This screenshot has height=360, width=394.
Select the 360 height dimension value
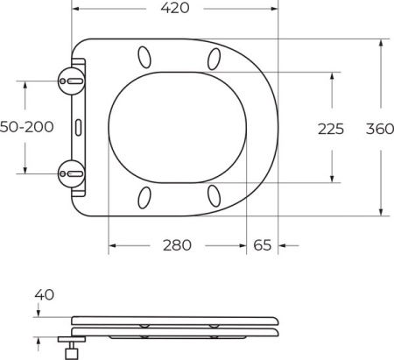[378, 129]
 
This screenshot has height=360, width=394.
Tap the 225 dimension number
[330, 129]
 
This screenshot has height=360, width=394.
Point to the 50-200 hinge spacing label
[26, 127]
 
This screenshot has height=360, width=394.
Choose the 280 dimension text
[177, 245]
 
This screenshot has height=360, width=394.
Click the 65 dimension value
[262, 245]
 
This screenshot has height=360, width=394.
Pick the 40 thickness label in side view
[45, 295]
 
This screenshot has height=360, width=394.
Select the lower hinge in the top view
[70, 173]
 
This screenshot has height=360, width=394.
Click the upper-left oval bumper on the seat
[142, 59]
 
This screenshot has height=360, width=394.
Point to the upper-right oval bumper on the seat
[215, 59]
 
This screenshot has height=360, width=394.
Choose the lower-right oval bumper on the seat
[215, 194]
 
